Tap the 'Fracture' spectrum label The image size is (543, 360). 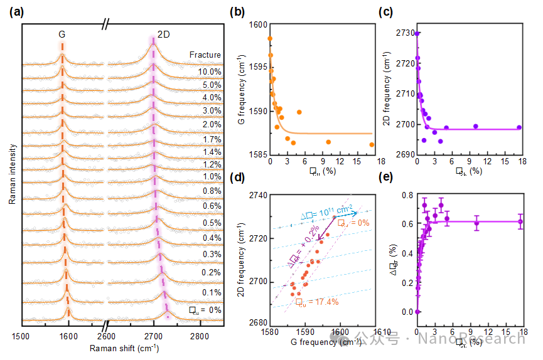point(205,55)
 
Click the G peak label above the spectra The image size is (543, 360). point(62,34)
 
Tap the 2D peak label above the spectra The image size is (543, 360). point(163,34)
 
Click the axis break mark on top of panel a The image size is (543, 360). point(107,24)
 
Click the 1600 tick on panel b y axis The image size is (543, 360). point(259,24)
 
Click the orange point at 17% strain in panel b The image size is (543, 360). point(372,144)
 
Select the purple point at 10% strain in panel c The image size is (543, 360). point(475,126)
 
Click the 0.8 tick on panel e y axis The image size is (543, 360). point(406,196)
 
